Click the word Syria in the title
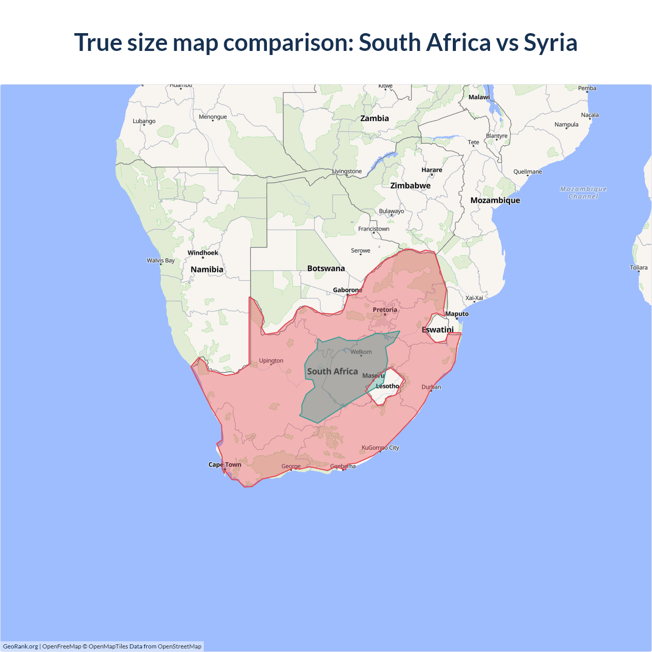pos(550,42)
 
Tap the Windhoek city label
pos(203,253)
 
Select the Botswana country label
pos(326,268)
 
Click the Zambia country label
pos(374,118)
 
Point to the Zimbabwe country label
pos(410,185)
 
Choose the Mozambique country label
pos(495,200)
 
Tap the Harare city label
pos(431,170)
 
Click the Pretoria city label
pos(385,310)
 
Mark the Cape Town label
pos(225,465)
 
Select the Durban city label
pos(431,387)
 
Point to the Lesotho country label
pos(387,386)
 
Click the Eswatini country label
pos(438,330)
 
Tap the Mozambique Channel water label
pos(583,193)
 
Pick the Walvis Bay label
pos(160,260)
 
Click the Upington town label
pos(271,361)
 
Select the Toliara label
pos(638,267)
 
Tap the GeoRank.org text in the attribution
pos(20,646)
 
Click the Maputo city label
pos(456,314)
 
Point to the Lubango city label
pos(144,121)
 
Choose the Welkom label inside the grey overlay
pos(361,352)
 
